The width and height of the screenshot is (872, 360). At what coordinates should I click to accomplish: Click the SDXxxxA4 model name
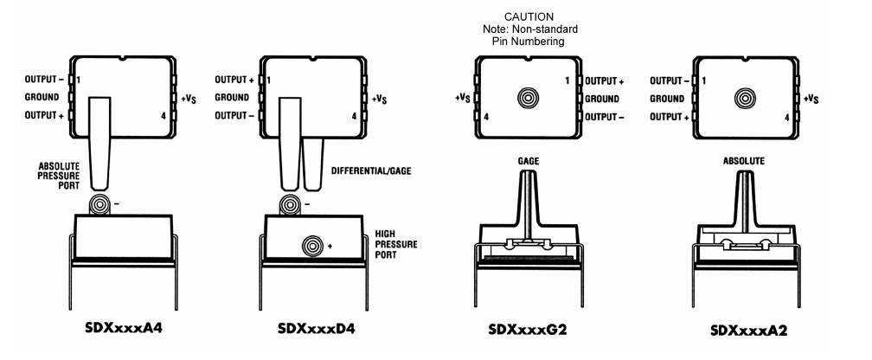tap(124, 328)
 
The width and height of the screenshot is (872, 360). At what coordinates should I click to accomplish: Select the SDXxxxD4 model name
tap(316, 328)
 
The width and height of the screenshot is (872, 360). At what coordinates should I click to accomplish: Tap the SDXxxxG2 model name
tap(528, 330)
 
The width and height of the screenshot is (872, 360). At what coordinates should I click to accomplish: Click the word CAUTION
tap(529, 17)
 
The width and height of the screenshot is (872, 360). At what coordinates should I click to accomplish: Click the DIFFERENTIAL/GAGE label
tap(371, 170)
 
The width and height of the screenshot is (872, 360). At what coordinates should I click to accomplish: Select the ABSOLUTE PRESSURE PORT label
tap(60, 177)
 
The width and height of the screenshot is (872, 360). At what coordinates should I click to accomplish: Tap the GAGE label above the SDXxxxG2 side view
tap(529, 161)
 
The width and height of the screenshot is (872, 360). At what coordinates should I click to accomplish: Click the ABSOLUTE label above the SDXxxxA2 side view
tap(744, 161)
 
